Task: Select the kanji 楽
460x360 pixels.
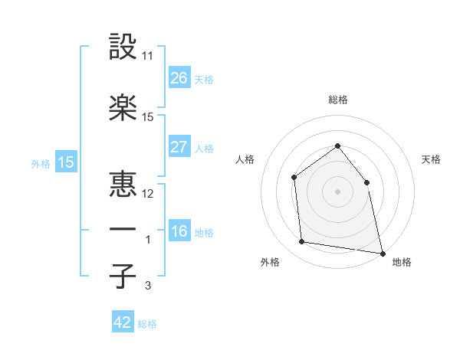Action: (123, 107)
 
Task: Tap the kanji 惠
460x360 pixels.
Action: (123, 183)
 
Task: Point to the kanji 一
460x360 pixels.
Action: (123, 229)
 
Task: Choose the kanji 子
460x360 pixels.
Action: (123, 276)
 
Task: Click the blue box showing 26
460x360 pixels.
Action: (179, 77)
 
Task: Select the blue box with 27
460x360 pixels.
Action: (179, 147)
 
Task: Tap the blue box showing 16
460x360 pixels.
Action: (179, 231)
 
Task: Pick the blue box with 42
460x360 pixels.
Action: (123, 322)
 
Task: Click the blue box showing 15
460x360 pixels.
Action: (66, 162)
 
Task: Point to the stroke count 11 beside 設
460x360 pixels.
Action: (148, 56)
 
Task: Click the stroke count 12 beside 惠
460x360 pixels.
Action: (148, 193)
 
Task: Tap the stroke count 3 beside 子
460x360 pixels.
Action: (148, 286)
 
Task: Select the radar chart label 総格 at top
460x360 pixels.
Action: (337, 100)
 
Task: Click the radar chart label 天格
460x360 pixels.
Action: (431, 159)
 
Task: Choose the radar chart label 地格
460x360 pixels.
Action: (402, 263)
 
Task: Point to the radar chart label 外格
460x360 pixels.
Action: (270, 263)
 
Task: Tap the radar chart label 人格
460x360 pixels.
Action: (245, 159)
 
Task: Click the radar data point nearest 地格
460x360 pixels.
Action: (382, 252)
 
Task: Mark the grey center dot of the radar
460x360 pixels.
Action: (337, 191)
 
